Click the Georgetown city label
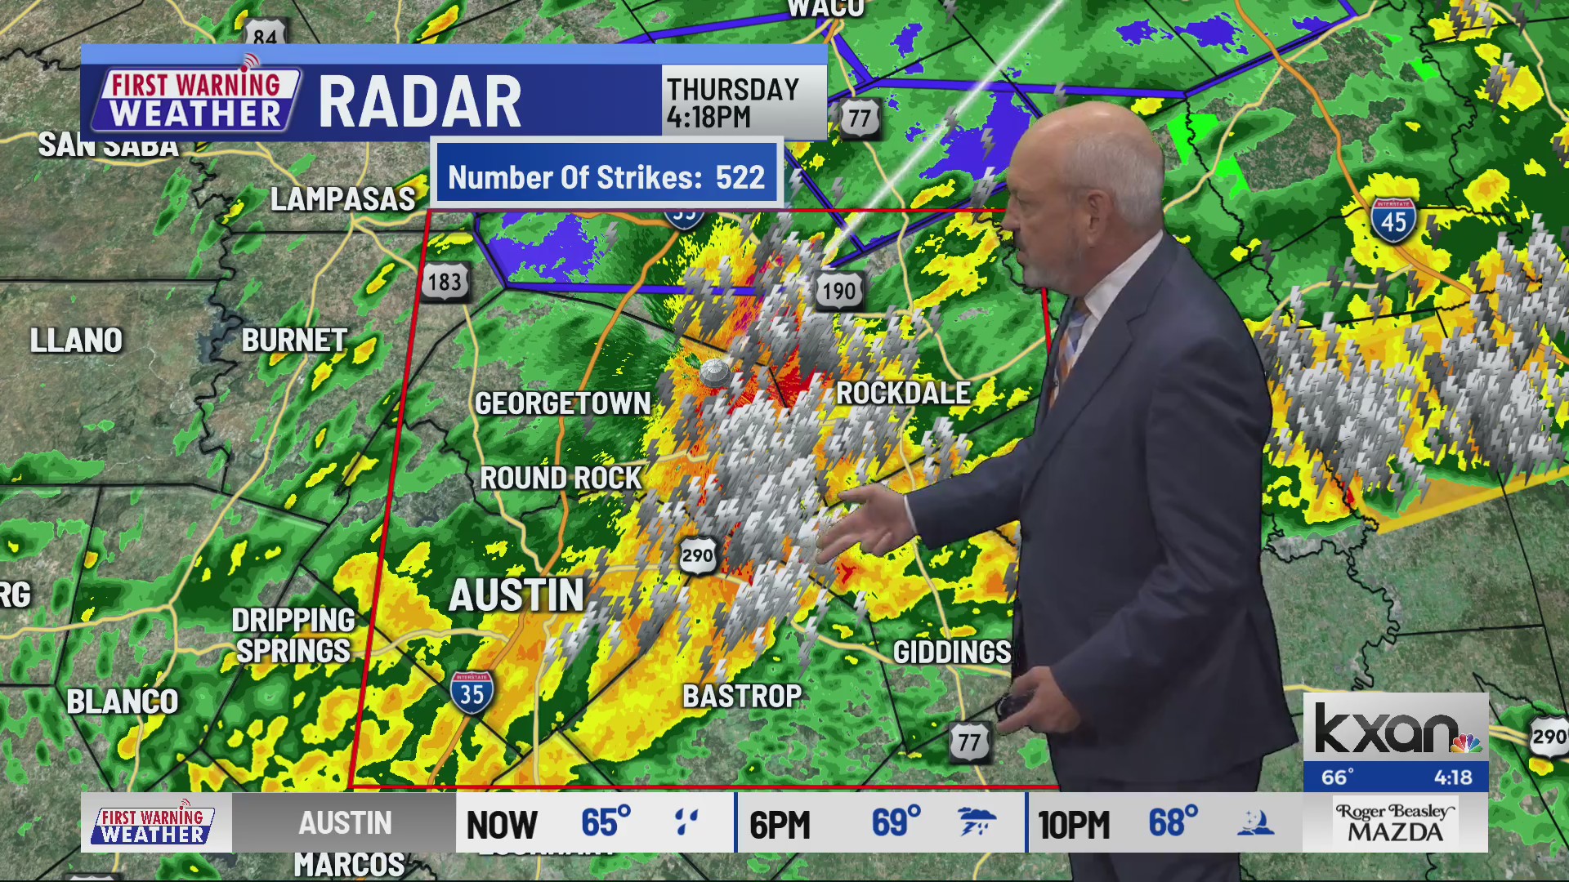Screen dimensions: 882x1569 [x=562, y=403]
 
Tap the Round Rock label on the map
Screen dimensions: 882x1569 [x=561, y=479]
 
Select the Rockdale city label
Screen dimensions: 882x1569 [x=903, y=394]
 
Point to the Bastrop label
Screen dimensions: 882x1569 [x=742, y=697]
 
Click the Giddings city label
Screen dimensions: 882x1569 [x=952, y=653]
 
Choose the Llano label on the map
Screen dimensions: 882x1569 [x=76, y=341]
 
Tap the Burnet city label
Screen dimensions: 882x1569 [x=294, y=341]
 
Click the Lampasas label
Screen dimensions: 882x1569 [x=342, y=199]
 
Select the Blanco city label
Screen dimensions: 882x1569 [x=122, y=702]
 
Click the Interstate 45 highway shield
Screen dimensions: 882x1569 [x=1393, y=220]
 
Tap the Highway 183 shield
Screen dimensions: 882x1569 [x=445, y=282]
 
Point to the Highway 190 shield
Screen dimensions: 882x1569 [x=838, y=291]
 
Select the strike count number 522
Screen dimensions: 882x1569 [x=740, y=178]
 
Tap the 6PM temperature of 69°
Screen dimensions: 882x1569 [x=896, y=823]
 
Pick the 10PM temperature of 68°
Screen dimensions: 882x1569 [x=1173, y=823]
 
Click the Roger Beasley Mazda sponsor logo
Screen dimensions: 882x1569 [x=1395, y=823]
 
